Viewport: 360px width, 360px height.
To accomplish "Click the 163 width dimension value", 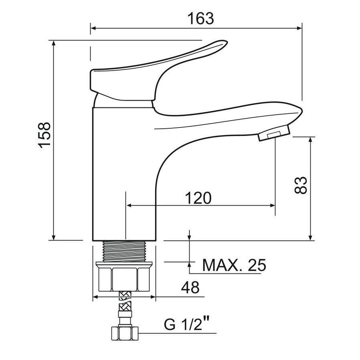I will [x=201, y=18].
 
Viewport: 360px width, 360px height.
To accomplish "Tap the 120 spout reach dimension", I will [x=198, y=198].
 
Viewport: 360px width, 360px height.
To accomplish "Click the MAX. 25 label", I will [x=234, y=265].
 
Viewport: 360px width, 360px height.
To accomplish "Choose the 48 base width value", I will [x=190, y=287].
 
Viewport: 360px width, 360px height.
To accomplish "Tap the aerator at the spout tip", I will [x=274, y=133].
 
